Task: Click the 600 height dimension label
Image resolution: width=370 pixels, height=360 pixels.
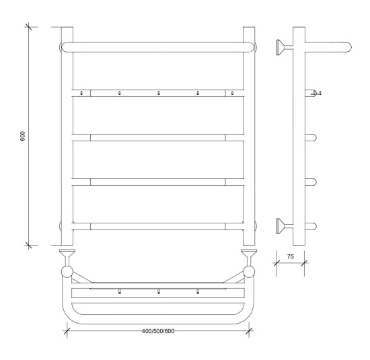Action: pos(23,136)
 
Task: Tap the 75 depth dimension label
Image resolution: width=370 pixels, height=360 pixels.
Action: pos(291,256)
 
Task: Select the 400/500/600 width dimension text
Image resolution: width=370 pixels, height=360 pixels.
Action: pos(158,331)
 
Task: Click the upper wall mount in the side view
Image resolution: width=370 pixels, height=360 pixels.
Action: pos(285,48)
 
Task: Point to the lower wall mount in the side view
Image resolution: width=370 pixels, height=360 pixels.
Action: pos(285,226)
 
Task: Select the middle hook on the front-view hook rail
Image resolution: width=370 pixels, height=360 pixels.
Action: pos(159,93)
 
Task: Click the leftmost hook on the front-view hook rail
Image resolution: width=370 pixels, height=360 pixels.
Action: pos(81,93)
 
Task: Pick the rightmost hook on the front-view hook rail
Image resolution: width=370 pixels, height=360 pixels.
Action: pos(233,93)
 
